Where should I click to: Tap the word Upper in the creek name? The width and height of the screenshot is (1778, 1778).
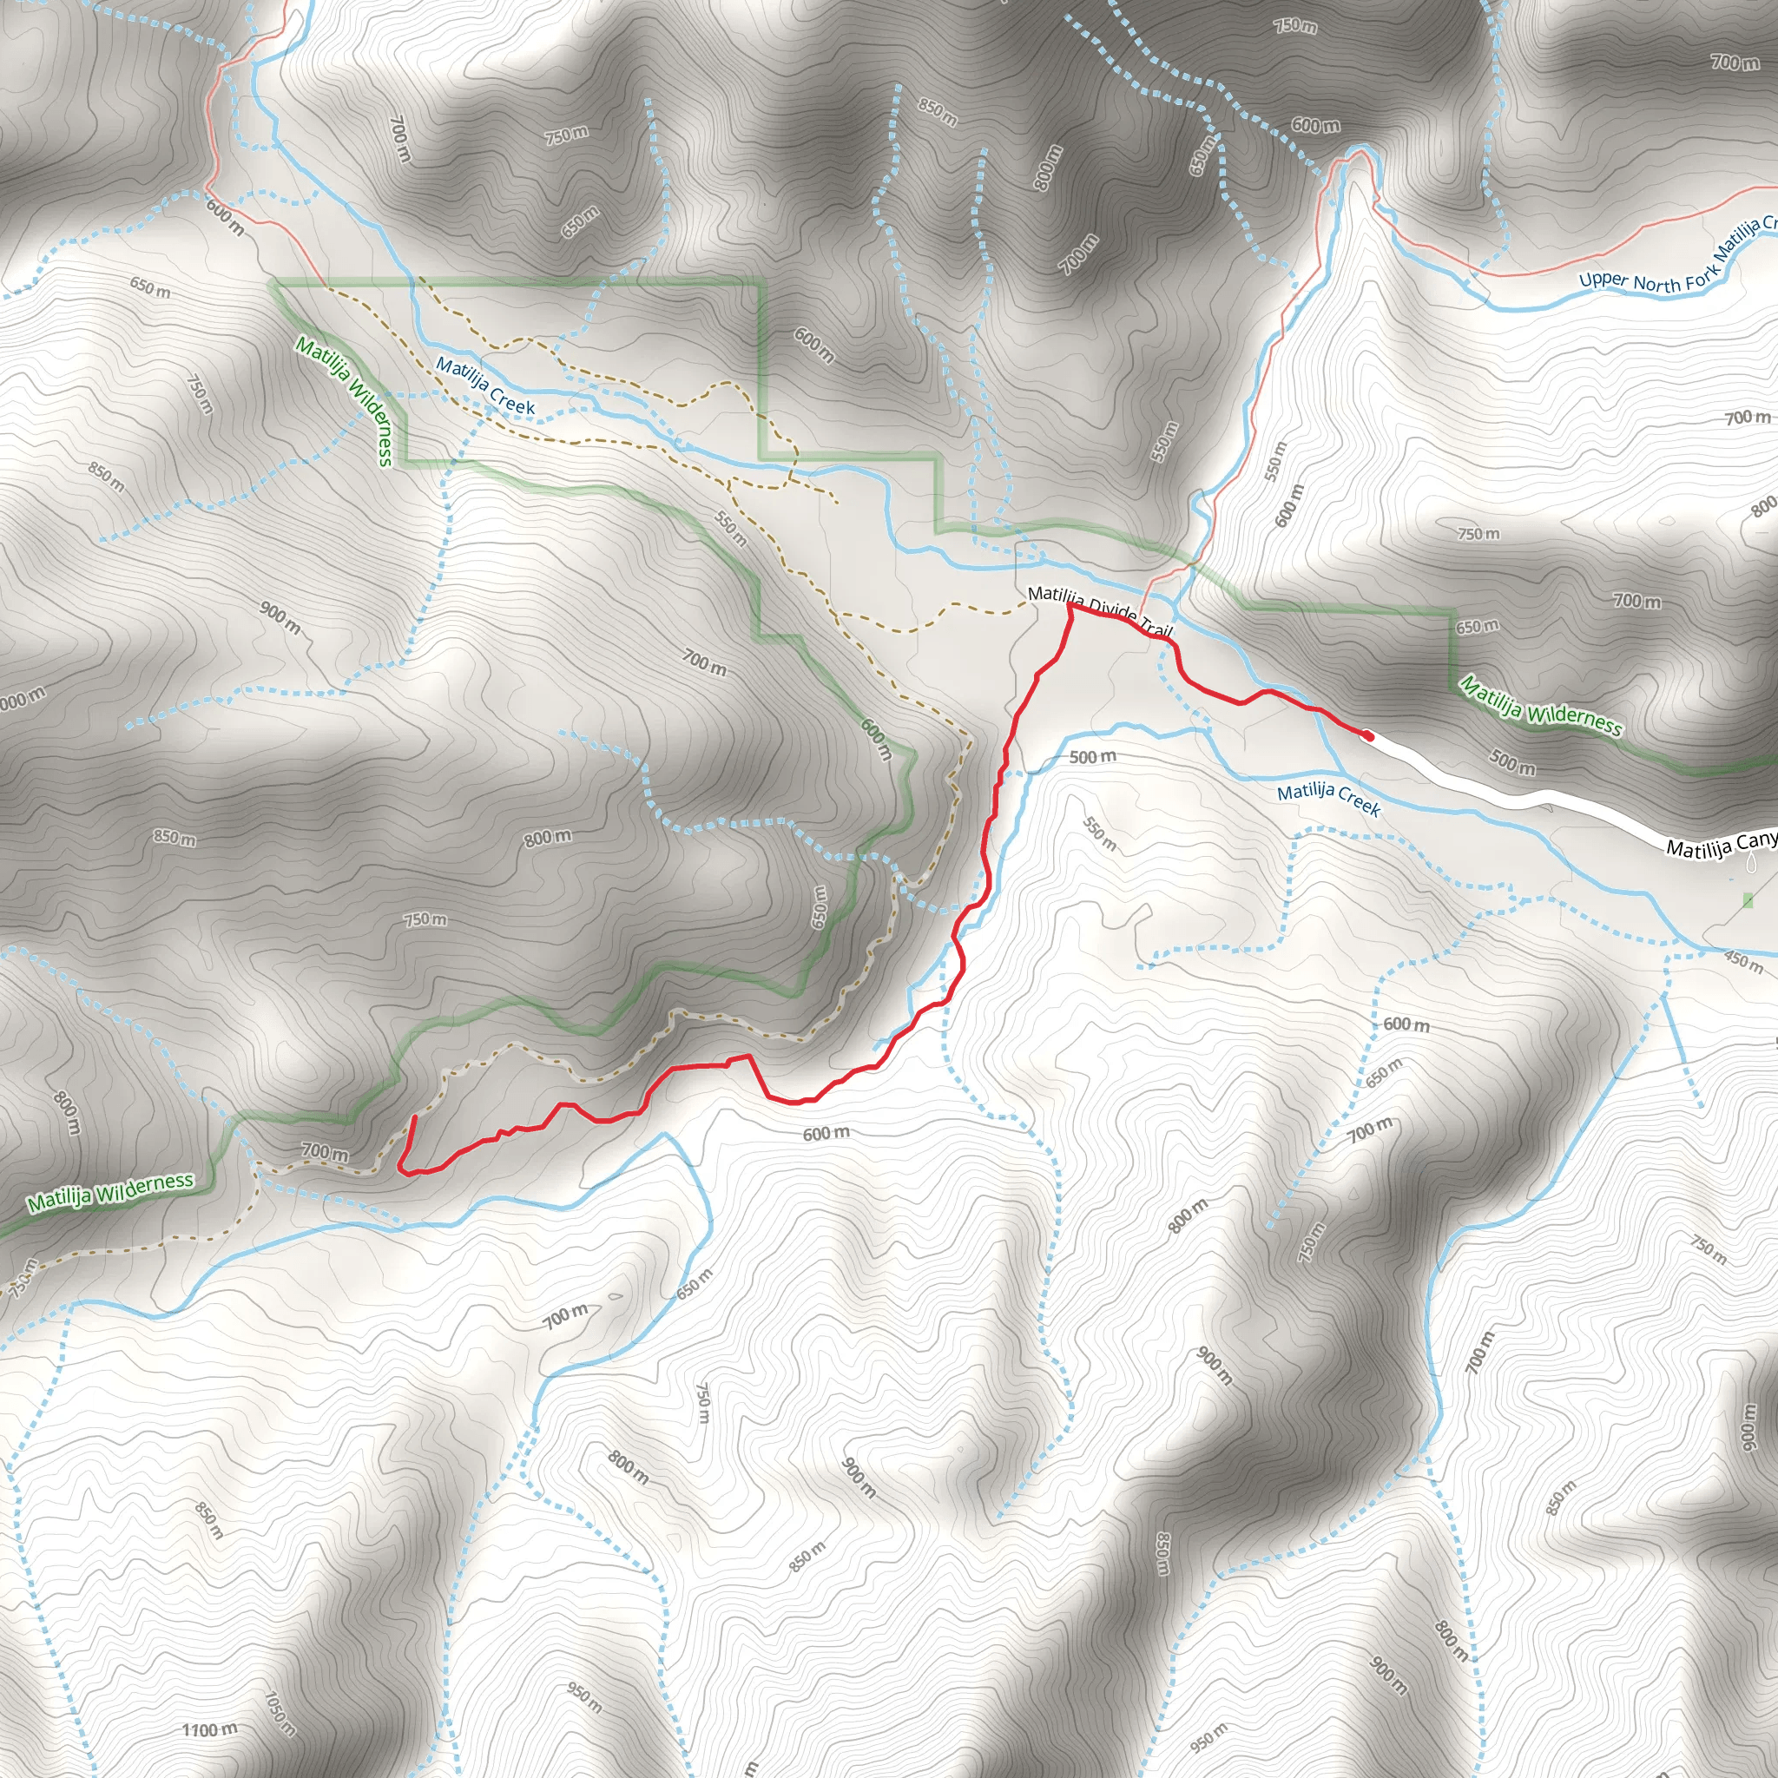[1603, 280]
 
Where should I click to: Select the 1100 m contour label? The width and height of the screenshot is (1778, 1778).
[209, 1730]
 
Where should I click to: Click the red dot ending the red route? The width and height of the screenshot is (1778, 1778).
[1367, 736]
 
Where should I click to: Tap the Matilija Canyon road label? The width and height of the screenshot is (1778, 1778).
[1720, 844]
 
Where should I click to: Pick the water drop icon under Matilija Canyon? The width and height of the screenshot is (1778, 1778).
[1750, 862]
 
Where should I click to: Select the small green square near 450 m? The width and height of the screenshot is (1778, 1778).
[1748, 900]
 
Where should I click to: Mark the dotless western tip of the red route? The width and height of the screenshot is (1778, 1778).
[414, 1117]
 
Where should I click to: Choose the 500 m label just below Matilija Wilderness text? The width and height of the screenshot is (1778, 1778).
[1512, 762]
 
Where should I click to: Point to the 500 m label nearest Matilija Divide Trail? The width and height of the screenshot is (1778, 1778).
[1092, 757]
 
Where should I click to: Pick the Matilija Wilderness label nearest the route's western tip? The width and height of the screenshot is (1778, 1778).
[110, 1193]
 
